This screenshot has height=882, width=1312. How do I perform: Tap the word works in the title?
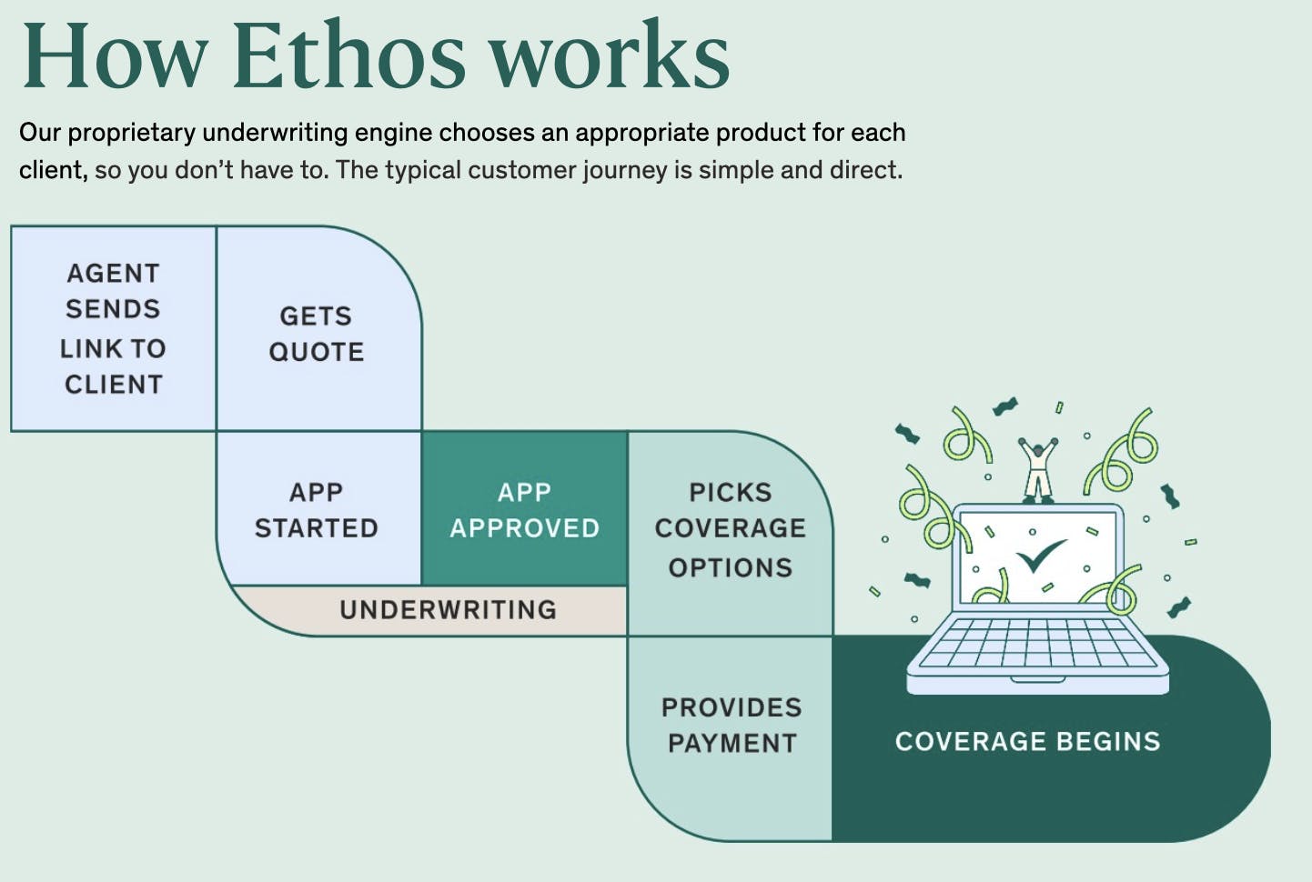(x=610, y=56)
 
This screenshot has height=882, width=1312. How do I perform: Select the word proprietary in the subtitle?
(x=132, y=133)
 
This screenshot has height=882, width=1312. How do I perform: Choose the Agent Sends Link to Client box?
(x=113, y=328)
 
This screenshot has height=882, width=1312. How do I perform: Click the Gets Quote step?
(x=317, y=333)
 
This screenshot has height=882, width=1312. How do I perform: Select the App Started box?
(x=317, y=509)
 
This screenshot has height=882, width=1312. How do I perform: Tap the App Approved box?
(x=524, y=509)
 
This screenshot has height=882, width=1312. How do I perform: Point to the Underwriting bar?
(x=448, y=609)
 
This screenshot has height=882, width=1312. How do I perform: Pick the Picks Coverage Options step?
(x=730, y=529)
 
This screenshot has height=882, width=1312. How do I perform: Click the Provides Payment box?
(x=731, y=725)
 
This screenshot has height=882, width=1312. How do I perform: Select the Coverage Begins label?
(x=1027, y=741)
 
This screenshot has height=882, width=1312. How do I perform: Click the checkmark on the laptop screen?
(x=1040, y=556)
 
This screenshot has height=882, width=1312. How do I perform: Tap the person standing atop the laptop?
(x=1037, y=469)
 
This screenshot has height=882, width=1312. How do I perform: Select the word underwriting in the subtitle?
(x=274, y=133)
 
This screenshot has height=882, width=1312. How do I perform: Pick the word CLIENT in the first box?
(x=113, y=385)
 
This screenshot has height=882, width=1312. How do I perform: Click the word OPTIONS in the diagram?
(x=730, y=567)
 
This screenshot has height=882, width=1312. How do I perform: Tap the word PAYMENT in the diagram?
(x=732, y=743)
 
